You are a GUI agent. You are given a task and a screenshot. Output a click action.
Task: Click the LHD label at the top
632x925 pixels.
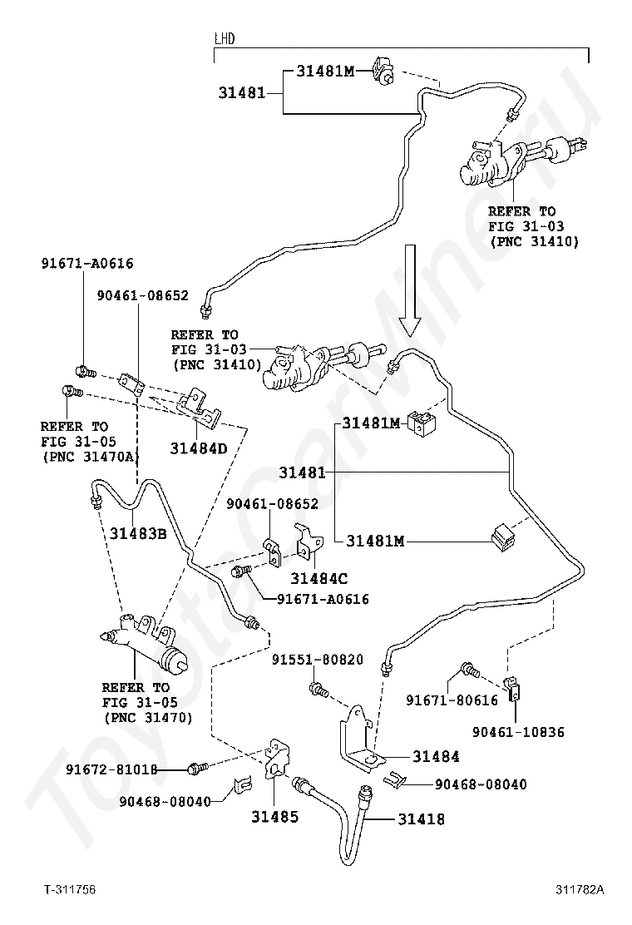tap(224, 39)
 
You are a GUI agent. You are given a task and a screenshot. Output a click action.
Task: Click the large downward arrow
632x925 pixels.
tap(409, 290)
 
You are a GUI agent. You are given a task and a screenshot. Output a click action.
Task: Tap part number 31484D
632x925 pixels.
tap(198, 448)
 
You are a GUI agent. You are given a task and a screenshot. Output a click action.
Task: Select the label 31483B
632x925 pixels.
tap(138, 533)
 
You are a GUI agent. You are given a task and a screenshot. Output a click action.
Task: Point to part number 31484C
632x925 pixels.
tap(319, 578)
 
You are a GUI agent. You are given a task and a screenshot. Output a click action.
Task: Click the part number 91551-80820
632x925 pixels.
tap(317, 660)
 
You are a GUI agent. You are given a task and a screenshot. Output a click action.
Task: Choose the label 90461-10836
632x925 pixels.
tap(518, 732)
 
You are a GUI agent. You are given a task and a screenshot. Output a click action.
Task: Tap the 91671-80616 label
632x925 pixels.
tap(452, 700)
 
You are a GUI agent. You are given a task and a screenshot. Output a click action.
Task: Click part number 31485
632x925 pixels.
tap(274, 817)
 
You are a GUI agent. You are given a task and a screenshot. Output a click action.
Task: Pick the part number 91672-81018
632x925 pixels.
tap(111, 769)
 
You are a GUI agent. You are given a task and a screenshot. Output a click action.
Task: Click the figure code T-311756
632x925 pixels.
tap(70, 889)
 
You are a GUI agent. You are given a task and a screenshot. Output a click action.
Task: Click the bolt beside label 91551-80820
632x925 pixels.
tap(318, 689)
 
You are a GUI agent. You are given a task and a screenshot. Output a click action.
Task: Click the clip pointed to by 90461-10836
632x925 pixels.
tap(514, 687)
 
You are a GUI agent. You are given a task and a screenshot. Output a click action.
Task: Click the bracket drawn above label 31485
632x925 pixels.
tap(276, 758)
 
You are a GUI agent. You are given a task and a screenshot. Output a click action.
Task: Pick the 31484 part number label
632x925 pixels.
tap(436, 756)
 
